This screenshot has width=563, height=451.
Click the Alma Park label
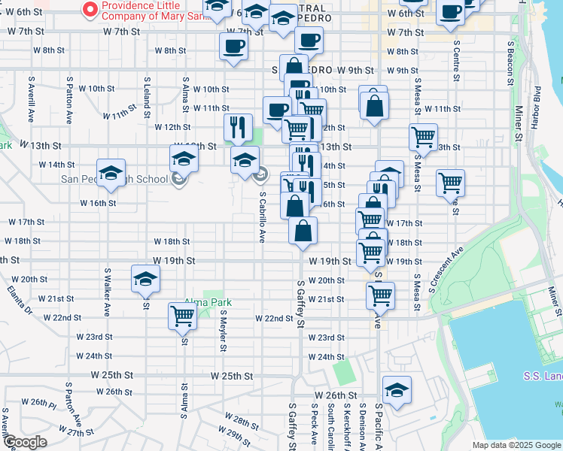[x=208, y=303]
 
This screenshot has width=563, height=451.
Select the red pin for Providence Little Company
[x=90, y=10]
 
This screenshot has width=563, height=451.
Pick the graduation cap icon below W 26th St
[x=397, y=389]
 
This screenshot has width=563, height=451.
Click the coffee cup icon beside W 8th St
[x=233, y=46]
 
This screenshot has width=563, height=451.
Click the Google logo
[x=24, y=442]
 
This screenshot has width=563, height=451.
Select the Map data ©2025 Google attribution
[x=516, y=445]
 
